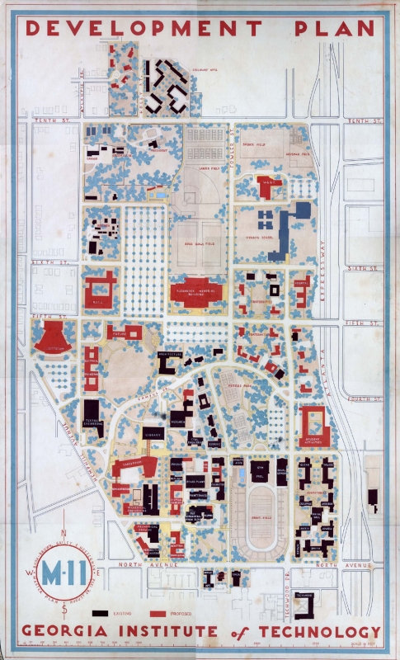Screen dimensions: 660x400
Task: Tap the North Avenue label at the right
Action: tap(361, 565)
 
